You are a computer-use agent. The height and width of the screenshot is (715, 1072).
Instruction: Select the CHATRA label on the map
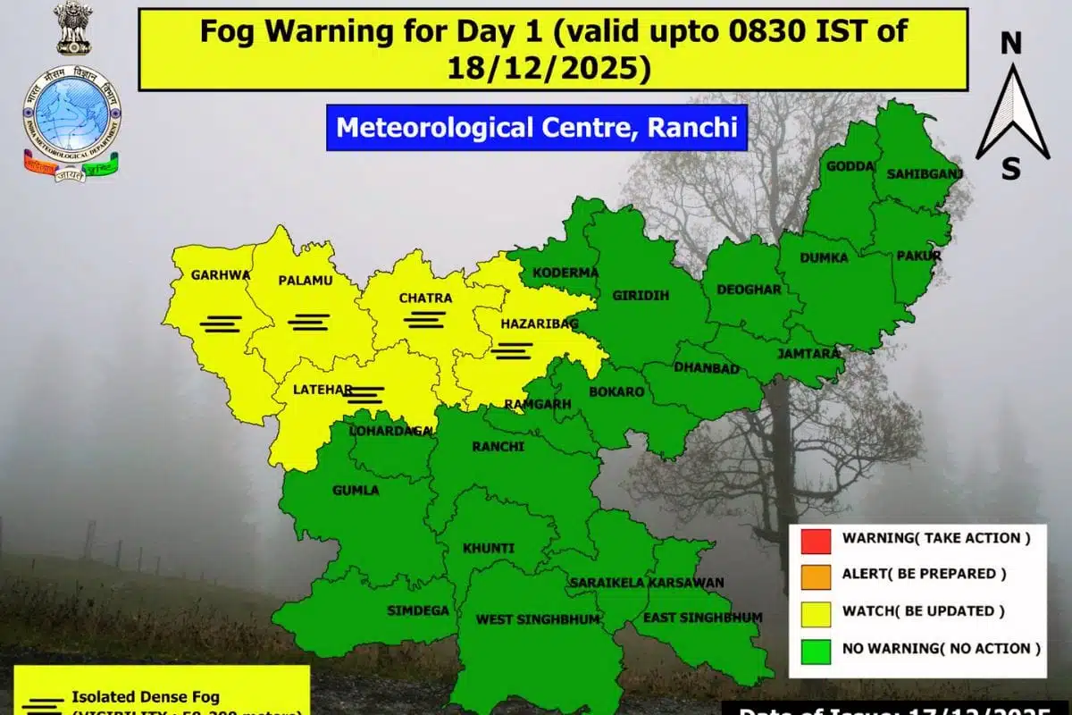425,298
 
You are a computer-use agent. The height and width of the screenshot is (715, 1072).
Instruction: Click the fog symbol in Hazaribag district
512,350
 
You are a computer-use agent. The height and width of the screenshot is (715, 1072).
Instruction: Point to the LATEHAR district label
324,390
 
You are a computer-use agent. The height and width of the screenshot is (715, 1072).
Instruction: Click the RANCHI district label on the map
498,446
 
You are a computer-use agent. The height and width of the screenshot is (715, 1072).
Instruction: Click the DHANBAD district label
706,368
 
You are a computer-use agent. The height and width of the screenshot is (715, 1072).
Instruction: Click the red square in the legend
817,539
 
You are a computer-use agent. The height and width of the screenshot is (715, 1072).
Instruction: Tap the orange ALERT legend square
817,575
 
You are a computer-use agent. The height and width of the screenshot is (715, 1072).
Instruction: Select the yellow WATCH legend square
817,611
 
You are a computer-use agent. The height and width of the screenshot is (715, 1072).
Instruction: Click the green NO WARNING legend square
817,648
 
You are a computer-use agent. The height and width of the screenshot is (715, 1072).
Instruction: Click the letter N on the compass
1010,43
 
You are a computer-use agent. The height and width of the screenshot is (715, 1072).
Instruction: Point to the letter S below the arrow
1010,168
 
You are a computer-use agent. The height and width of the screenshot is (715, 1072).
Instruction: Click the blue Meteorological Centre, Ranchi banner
536,127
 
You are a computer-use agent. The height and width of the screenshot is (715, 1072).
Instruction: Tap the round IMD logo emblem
71,116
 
